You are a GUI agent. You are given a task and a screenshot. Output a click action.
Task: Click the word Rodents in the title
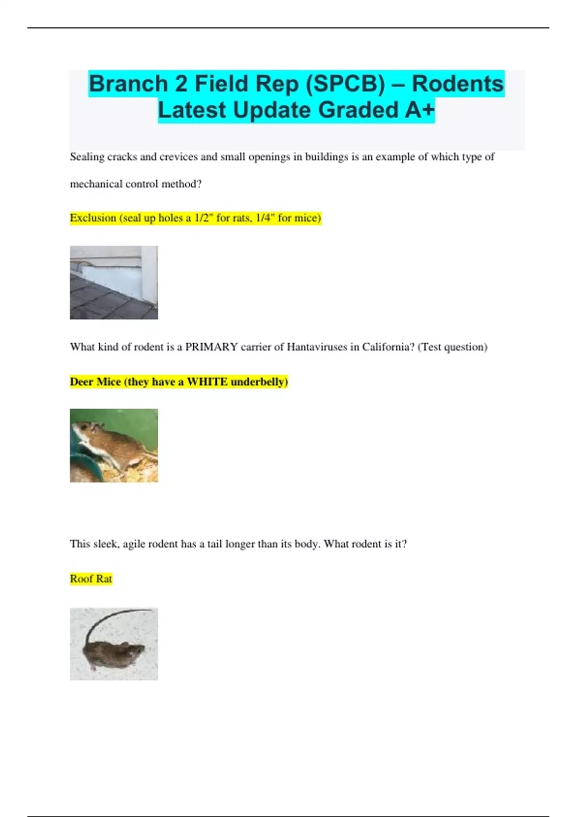pyautogui.click(x=457, y=84)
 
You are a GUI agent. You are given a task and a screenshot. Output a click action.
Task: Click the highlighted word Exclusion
pyautogui.click(x=93, y=218)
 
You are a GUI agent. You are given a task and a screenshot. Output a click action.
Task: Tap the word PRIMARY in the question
pyautogui.click(x=211, y=347)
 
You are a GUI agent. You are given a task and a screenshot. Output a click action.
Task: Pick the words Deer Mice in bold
pyautogui.click(x=95, y=382)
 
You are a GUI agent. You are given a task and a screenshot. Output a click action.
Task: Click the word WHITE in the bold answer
pyautogui.click(x=207, y=382)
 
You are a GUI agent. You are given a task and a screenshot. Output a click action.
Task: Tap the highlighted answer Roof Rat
pyautogui.click(x=91, y=579)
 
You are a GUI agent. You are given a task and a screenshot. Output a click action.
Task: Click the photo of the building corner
pyautogui.click(x=113, y=283)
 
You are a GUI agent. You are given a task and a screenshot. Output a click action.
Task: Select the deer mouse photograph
pyautogui.click(x=113, y=446)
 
